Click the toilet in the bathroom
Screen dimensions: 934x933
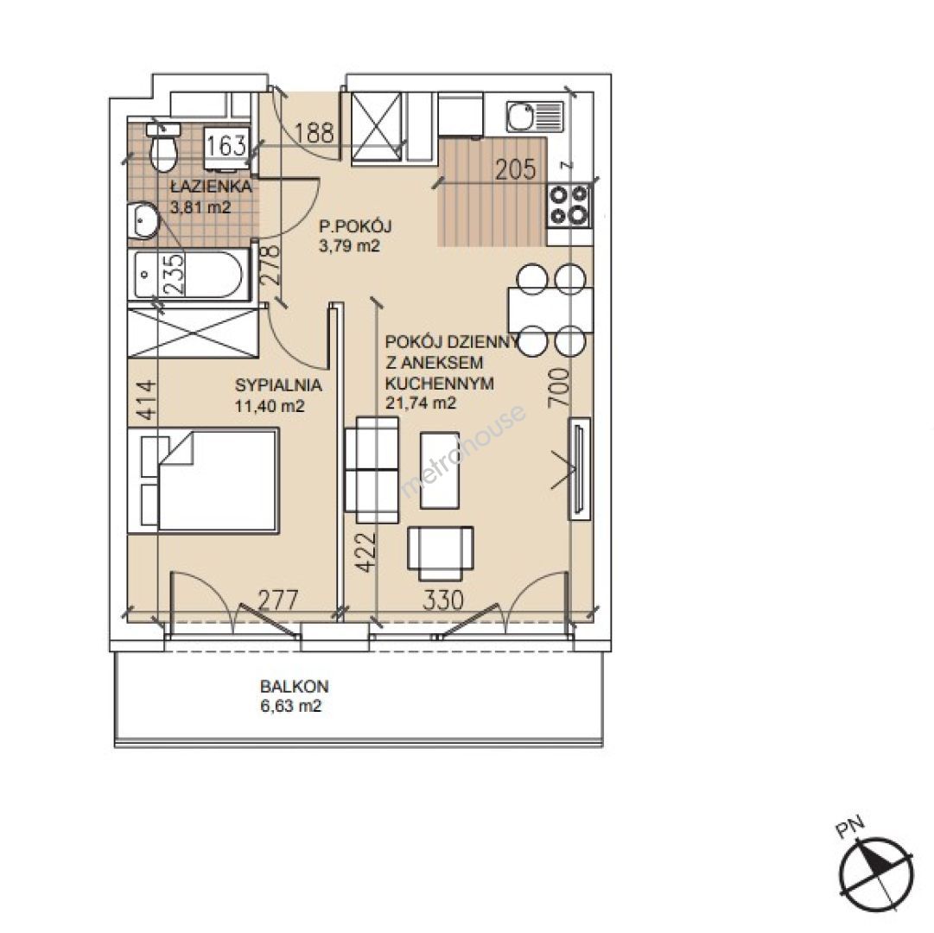coord(163,147)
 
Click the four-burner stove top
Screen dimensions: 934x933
coord(569,205)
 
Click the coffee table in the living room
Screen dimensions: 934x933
coord(440,470)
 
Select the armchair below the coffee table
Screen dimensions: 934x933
coord(440,553)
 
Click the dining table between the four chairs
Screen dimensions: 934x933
coord(550,309)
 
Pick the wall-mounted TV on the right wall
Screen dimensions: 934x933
coord(579,469)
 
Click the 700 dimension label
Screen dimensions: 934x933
coord(558,388)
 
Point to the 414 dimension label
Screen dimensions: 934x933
coord(146,402)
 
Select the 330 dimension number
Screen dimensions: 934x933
coord(443,600)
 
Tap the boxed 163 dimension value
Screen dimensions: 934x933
coord(226,144)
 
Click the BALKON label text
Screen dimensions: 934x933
coord(295,687)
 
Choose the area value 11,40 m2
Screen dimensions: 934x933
coord(270,407)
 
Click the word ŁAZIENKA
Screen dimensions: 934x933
coord(211,187)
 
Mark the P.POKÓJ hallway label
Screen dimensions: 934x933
coord(355,226)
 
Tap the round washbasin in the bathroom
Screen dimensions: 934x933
coord(143,220)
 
